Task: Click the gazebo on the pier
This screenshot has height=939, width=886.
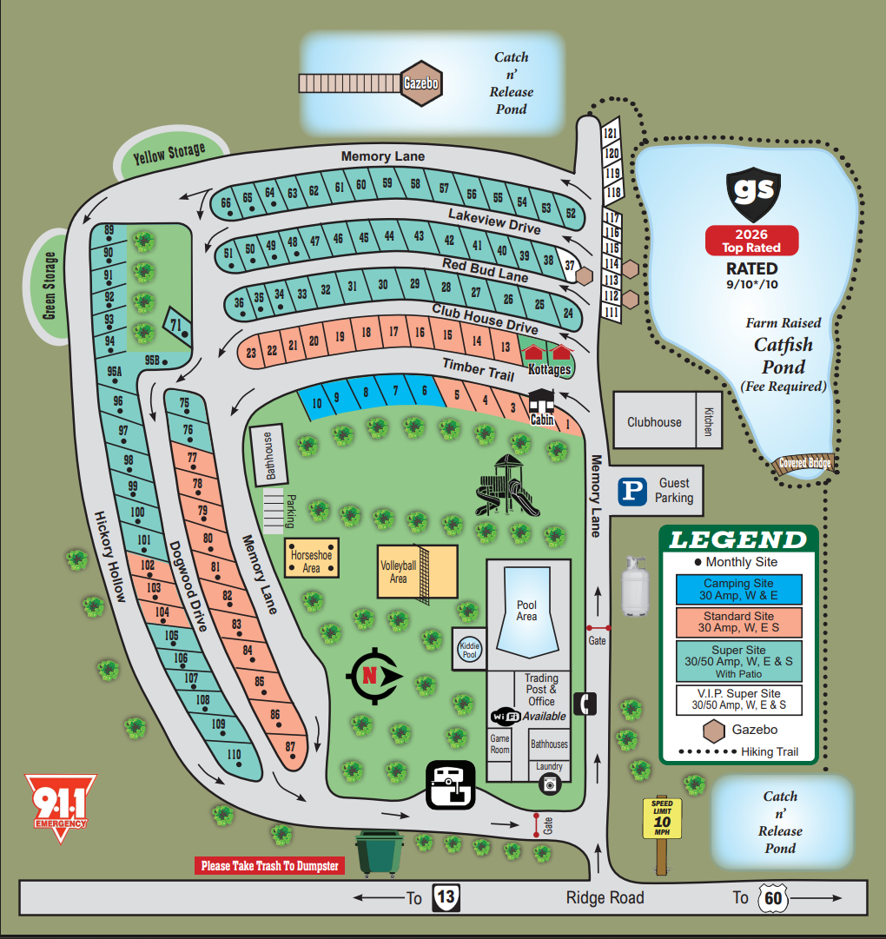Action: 421,83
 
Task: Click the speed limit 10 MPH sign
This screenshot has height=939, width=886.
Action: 662,818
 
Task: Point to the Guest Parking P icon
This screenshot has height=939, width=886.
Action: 632,491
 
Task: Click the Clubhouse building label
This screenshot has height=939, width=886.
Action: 654,422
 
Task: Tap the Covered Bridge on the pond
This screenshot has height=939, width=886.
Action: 804,463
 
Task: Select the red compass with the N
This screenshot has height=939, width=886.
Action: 374,676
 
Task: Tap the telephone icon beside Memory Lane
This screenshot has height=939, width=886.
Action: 587,703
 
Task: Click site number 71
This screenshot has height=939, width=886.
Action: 178,326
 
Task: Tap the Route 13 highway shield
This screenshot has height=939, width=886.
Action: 446,897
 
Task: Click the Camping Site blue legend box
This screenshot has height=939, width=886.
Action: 738,590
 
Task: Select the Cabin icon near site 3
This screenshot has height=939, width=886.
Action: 544,406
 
